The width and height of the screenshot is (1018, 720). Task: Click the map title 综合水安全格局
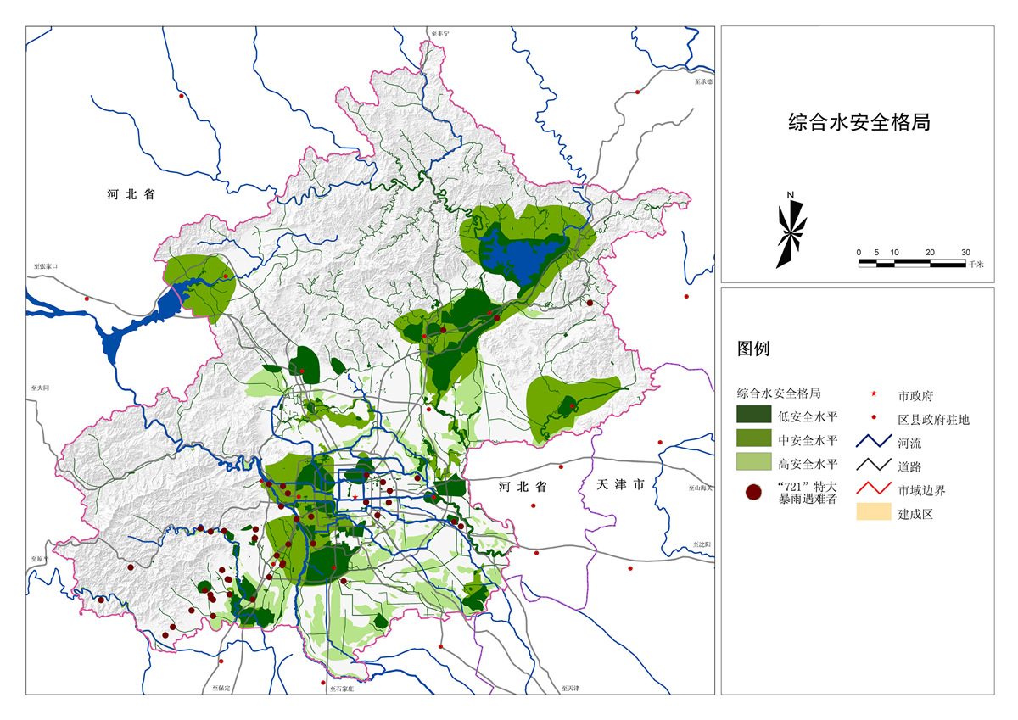point(859,122)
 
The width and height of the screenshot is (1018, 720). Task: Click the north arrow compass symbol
point(791,232)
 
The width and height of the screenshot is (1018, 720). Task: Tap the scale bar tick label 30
point(965,253)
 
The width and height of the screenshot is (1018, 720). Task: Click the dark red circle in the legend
point(752,492)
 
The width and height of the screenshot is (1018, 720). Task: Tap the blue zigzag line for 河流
point(874,443)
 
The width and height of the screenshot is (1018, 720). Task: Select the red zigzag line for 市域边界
point(874,490)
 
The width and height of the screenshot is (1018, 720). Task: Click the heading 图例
point(754,349)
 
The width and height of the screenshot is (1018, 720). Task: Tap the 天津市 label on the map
point(620,485)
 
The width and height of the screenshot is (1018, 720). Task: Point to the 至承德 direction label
point(703,81)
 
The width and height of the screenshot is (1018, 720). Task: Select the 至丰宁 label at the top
point(439,31)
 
